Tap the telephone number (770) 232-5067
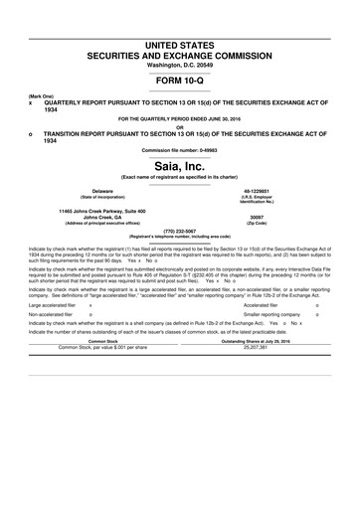tap(179, 229)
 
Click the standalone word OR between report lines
tap(179, 125)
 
